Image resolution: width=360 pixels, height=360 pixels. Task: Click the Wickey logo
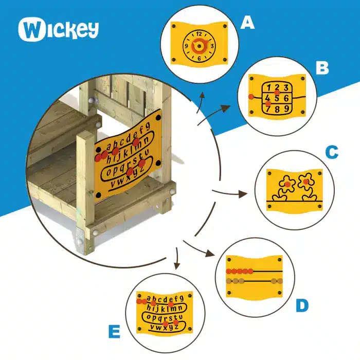click(x=58, y=29)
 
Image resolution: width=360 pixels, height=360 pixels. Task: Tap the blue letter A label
click(x=247, y=23)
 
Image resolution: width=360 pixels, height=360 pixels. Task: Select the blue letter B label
click(x=322, y=68)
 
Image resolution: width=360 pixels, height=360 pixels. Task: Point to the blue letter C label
click(x=332, y=152)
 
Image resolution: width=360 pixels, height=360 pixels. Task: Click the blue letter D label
click(x=302, y=305)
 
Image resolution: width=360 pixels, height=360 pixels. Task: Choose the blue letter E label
click(x=114, y=332)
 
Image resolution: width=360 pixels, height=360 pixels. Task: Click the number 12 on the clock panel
click(x=199, y=34)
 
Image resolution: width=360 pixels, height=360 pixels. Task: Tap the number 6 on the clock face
click(x=199, y=58)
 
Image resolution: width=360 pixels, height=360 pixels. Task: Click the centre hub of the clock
click(x=199, y=46)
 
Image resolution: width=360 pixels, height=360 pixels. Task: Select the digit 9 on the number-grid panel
click(x=286, y=109)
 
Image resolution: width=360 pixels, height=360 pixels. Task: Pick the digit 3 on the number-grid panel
click(x=285, y=87)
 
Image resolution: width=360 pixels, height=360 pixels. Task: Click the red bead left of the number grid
click(x=251, y=97)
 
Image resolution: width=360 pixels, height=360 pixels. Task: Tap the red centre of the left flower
click(x=287, y=184)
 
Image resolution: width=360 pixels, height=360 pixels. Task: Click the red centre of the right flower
click(x=306, y=182)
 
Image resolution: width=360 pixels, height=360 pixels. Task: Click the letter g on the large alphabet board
click(x=148, y=126)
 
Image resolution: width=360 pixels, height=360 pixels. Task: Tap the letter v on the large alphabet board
click(x=114, y=184)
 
